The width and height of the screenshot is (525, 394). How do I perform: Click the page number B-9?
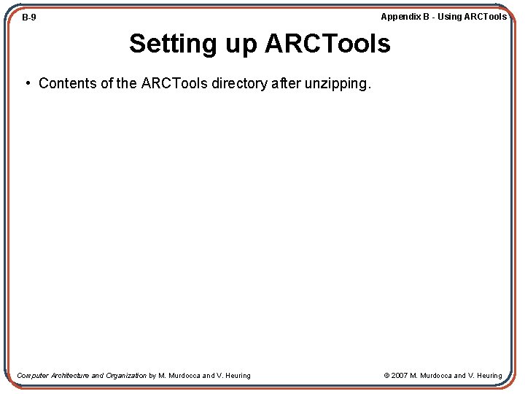point(29,18)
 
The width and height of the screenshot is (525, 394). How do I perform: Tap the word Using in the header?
point(450,17)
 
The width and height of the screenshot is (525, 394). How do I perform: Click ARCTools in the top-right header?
point(486,17)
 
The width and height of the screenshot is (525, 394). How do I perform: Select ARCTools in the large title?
point(327,44)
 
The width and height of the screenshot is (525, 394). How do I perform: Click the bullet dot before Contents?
point(27,83)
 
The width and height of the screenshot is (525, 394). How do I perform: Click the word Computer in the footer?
point(33,376)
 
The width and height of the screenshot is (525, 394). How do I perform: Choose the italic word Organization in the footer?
point(126,376)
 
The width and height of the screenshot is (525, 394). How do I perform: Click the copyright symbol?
point(387,376)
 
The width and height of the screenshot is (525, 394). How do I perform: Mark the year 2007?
point(400,376)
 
